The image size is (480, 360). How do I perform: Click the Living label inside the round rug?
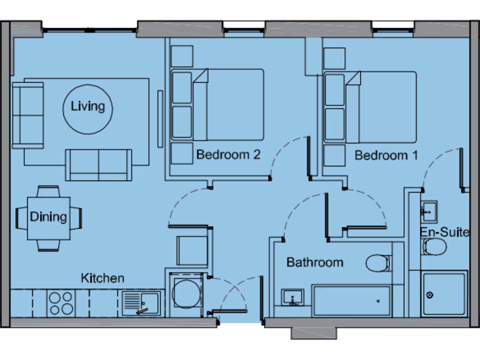click(x=88, y=106)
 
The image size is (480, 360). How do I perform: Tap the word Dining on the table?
click(x=48, y=217)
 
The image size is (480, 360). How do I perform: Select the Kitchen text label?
click(x=103, y=278)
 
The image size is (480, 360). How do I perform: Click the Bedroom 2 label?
click(x=228, y=155)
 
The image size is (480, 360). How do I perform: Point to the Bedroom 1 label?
click(x=386, y=155)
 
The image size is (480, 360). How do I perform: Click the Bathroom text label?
click(x=315, y=262)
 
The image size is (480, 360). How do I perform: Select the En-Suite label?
click(x=444, y=232)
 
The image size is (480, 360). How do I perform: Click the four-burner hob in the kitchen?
click(x=61, y=303)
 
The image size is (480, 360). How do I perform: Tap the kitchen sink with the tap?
click(x=142, y=303)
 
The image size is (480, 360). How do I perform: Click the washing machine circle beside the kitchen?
click(x=186, y=294)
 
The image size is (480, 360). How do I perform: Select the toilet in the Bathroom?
click(x=378, y=263)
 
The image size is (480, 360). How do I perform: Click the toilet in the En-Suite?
click(x=435, y=247)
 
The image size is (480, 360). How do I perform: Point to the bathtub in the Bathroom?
click(x=352, y=301)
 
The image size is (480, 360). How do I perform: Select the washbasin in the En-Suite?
click(x=428, y=211)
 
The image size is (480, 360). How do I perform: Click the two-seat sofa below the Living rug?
click(x=98, y=165)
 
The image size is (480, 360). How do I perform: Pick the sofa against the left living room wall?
click(x=28, y=115)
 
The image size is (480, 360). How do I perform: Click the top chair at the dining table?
click(x=48, y=191)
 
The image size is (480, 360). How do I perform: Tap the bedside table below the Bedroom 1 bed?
click(x=334, y=156)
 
